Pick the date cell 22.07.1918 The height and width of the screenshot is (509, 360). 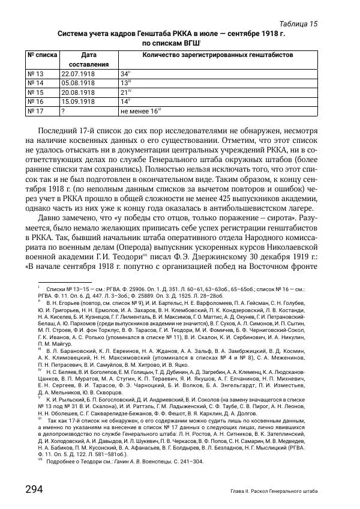(x=78, y=73)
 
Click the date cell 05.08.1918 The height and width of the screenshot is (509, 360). (x=78, y=83)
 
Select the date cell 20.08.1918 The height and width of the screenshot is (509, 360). (x=78, y=92)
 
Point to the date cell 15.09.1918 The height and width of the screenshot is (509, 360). (x=78, y=102)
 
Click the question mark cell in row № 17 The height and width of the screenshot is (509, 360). (x=63, y=112)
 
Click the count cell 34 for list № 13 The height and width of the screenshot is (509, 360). (x=125, y=73)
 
